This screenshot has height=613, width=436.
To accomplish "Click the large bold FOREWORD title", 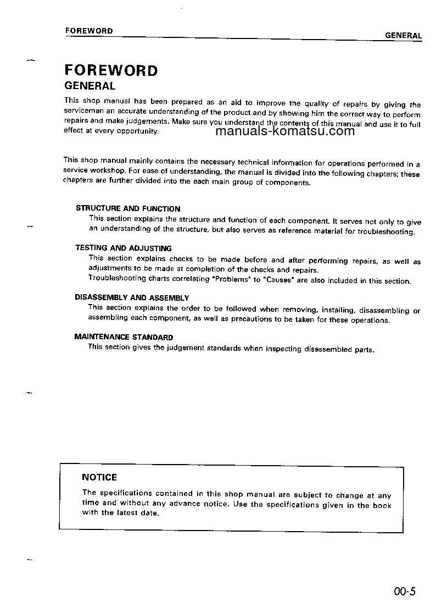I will [x=111, y=70].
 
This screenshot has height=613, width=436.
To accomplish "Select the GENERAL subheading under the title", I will [x=90, y=86].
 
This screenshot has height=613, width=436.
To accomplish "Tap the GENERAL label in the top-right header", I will [x=403, y=36].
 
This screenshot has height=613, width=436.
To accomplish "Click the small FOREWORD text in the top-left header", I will [x=89, y=31].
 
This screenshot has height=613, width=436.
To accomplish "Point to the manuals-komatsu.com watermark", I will [x=285, y=131].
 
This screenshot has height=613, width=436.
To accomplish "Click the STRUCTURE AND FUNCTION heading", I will [x=128, y=209].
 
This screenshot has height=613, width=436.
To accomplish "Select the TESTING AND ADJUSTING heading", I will [x=124, y=248].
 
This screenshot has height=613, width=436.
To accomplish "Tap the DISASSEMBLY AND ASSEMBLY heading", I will [x=132, y=297].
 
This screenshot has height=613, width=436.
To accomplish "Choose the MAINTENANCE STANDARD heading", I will [x=124, y=337].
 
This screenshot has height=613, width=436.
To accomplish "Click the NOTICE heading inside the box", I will [x=99, y=477].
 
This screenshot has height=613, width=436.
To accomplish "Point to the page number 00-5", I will [x=405, y=592].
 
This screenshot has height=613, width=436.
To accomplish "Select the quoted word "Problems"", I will [x=230, y=280].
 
